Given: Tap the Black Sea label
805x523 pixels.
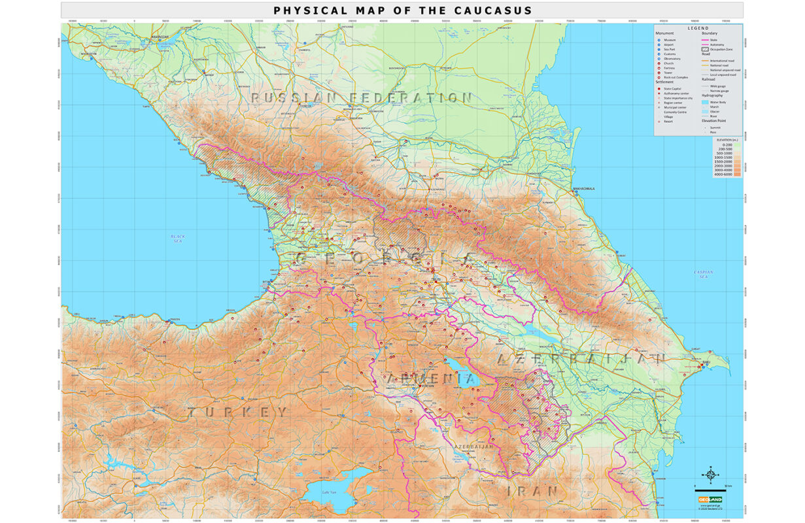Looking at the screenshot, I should [x=178, y=239].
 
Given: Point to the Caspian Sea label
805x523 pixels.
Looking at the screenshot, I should [x=704, y=274].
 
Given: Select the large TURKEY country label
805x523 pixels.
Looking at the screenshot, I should [x=238, y=413].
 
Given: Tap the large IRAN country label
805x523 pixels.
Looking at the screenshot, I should [x=533, y=491].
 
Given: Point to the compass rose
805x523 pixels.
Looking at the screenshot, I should [x=709, y=473].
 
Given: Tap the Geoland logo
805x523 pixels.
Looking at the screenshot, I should [x=709, y=500].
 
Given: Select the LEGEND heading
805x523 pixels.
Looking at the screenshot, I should [x=698, y=28].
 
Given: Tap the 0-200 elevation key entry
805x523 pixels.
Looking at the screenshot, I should [x=726, y=144].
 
